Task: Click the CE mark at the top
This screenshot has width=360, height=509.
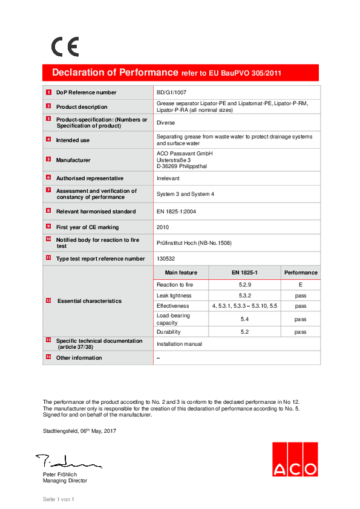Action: pos(65,47)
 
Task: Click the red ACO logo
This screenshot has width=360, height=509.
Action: pos(294,460)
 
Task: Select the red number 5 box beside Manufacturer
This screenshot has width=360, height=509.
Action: pos(48,160)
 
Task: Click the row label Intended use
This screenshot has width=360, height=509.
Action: pos(73,140)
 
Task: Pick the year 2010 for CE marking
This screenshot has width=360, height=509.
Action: pos(163,227)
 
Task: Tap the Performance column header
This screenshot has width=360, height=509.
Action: pos(301,273)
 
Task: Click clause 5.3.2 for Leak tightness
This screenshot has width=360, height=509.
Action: pos(245,296)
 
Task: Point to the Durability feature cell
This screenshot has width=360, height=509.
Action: pos(168,332)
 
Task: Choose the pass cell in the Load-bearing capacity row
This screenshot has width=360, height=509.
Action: pos(301,319)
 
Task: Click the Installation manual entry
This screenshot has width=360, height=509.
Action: pos(179,344)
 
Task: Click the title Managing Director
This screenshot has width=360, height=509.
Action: pos(65,481)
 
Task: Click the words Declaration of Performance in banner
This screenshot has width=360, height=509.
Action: pos(115,73)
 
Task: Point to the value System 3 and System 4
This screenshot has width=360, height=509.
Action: pos(185,194)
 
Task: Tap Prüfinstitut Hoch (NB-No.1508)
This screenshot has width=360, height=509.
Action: pos(194,243)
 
